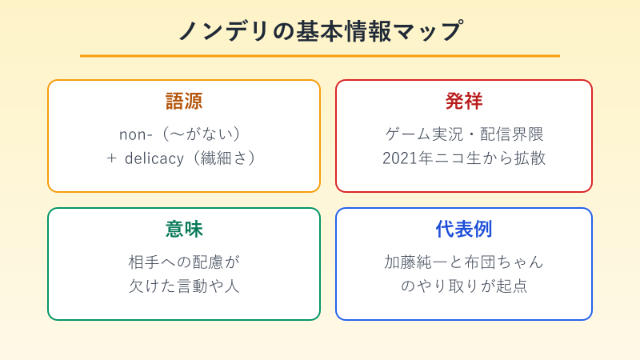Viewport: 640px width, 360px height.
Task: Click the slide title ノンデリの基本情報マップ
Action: [320, 30]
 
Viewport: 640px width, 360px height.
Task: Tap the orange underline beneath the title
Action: [320, 56]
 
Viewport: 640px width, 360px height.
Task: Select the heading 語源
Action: [184, 102]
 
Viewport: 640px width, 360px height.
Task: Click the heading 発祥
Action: [464, 102]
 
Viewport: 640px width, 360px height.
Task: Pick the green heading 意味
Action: [184, 230]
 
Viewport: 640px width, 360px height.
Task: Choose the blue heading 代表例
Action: [464, 230]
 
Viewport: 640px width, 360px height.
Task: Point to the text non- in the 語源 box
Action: [134, 134]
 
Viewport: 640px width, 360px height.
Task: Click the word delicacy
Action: [157, 158]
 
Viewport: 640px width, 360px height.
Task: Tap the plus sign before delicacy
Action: [112, 158]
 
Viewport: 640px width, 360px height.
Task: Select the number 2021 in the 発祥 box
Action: [400, 158]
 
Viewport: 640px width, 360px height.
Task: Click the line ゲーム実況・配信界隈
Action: [464, 134]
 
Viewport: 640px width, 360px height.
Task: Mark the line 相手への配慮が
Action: [184, 262]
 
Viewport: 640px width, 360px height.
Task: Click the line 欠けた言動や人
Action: [184, 286]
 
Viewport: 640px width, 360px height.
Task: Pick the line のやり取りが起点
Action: [464, 286]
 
